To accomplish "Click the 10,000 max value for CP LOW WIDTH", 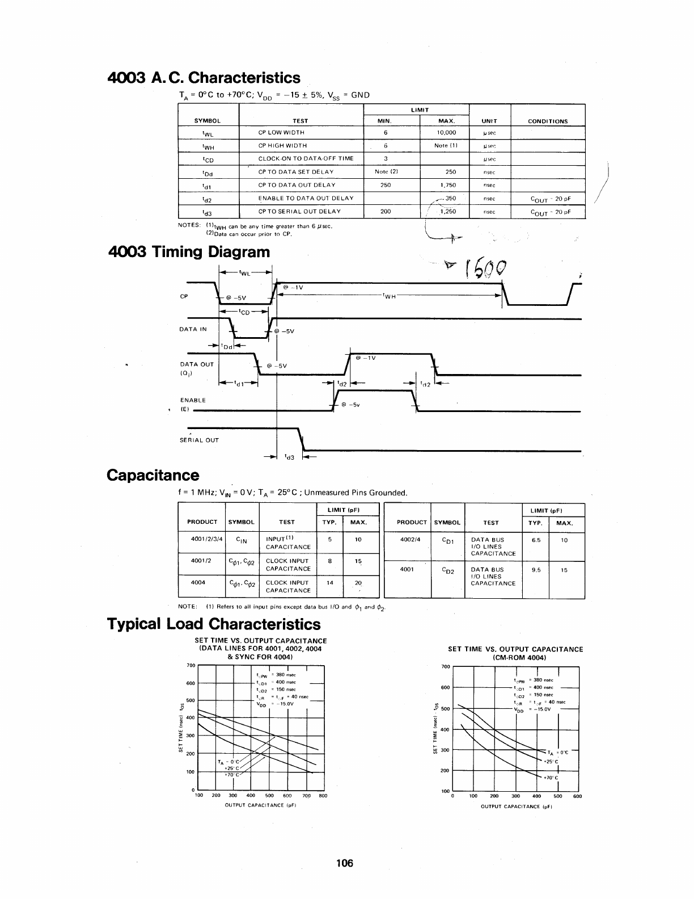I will point(446,132).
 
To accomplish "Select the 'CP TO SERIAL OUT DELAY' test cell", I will point(299,211).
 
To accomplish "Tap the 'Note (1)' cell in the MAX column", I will point(446,145).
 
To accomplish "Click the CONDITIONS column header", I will point(548,121).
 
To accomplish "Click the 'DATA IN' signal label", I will point(193,329).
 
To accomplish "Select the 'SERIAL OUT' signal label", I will point(199,440).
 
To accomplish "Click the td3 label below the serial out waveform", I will point(289,456).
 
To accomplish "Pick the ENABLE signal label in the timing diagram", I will point(193,400).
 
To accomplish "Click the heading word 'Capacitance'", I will point(153,475).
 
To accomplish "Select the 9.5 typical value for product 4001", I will point(536,570).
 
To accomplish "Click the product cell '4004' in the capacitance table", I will point(198,582).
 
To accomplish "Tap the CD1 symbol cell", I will point(447,540).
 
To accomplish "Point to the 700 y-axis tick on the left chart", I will point(191,665).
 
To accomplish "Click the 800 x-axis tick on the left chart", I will point(323,796).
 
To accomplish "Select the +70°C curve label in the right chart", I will point(551,778).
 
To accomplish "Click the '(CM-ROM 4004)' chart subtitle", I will point(515,658).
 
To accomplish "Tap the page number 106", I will point(344,863).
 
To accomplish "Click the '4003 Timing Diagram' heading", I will point(189,251).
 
